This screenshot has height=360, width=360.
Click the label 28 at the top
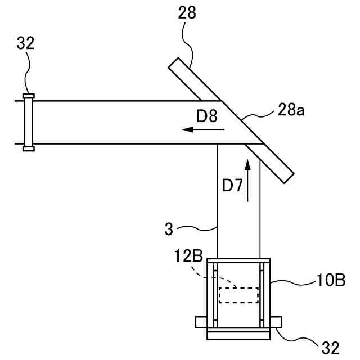pos(187,13)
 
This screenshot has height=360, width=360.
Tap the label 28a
pos(291,111)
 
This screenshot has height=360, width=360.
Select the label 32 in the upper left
pos(25,43)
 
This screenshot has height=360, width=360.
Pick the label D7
pos(232,185)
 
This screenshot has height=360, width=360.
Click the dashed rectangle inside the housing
pos(238,295)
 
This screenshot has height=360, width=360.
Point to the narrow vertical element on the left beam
pos(28,122)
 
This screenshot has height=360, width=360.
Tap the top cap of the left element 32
pos(28,96)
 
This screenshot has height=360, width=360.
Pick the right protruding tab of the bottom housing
pos(276,322)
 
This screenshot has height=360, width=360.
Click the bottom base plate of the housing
pos(238,335)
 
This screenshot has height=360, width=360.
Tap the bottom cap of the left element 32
pos(28,148)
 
